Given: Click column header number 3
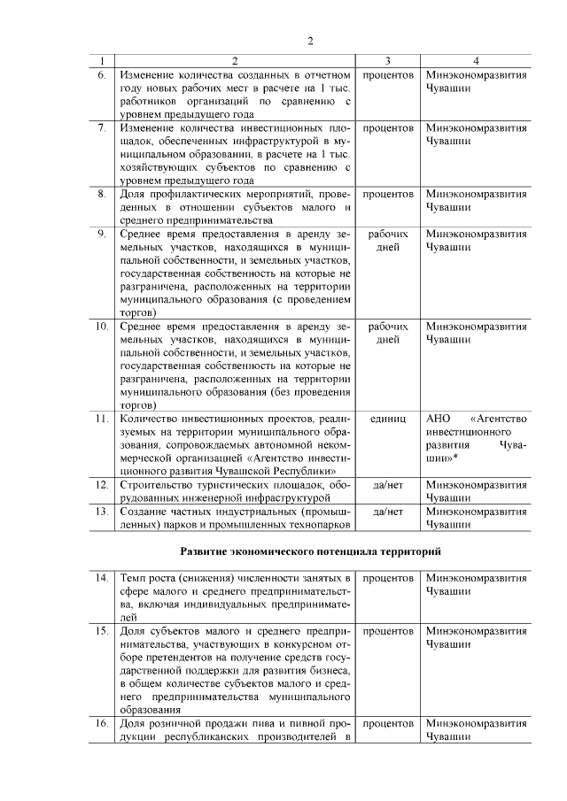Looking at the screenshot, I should click(388, 61).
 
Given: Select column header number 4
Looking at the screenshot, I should click(476, 61).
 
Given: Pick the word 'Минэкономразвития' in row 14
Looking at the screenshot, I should click(476, 578).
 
